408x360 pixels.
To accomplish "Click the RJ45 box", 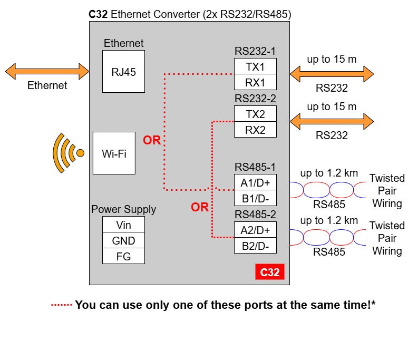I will pyautogui.click(x=123, y=72).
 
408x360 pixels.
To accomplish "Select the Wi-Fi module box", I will pyautogui.click(x=114, y=153).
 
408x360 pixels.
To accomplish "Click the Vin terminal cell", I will pyautogui.click(x=123, y=225).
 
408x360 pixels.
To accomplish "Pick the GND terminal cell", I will pyautogui.click(x=123, y=241).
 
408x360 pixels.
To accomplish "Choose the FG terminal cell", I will pyautogui.click(x=123, y=257).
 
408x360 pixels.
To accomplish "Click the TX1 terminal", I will pyautogui.click(x=255, y=67).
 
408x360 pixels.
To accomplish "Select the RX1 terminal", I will pyautogui.click(x=255, y=82).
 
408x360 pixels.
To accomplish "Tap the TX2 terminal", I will pyautogui.click(x=255, y=114).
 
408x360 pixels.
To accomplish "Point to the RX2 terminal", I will pyautogui.click(x=255, y=130).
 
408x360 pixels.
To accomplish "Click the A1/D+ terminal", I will pyautogui.click(x=255, y=183).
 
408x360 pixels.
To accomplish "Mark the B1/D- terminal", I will pyautogui.click(x=255, y=198).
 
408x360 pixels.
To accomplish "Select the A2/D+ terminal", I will pyautogui.click(x=255, y=230).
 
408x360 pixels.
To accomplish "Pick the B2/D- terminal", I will pyautogui.click(x=255, y=246).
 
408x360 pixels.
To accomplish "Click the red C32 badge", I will pyautogui.click(x=269, y=272).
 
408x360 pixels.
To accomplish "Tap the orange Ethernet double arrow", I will pyautogui.click(x=47, y=70).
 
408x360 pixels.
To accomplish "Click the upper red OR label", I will pyautogui.click(x=152, y=141).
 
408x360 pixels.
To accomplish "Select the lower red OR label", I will pyautogui.click(x=200, y=207).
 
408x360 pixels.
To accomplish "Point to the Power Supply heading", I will pyautogui.click(x=123, y=209).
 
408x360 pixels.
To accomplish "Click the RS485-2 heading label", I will pyautogui.click(x=255, y=215).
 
